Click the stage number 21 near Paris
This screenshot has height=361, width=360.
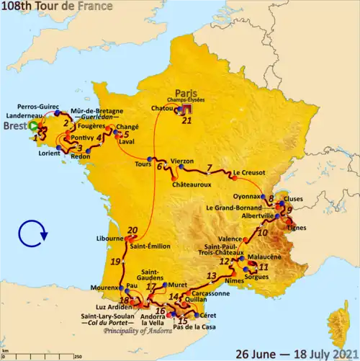click(187, 120)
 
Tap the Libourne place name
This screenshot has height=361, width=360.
click(110, 239)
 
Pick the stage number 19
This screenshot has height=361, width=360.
click(115, 262)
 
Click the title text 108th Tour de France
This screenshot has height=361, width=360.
click(57, 6)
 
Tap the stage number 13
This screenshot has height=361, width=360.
click(211, 275)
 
